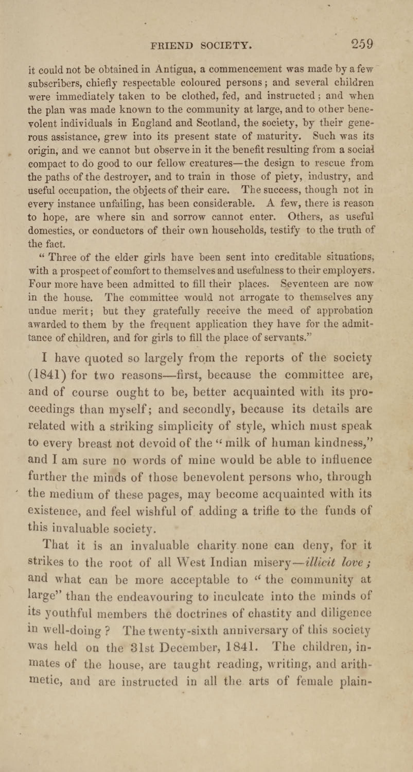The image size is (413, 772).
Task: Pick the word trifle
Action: coord(266,511)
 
